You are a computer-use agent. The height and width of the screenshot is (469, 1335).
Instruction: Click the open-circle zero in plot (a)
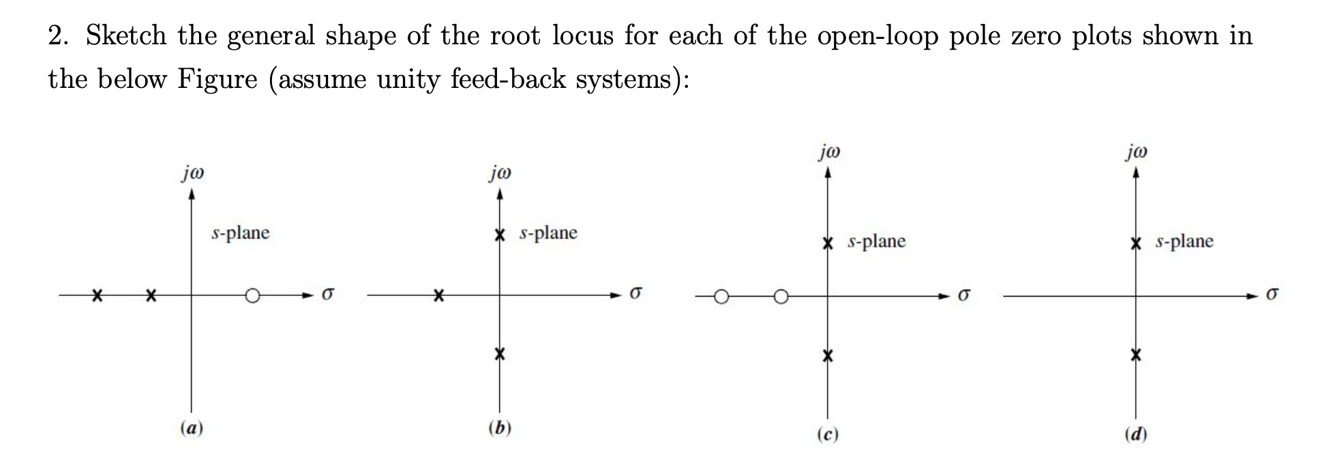click(x=252, y=296)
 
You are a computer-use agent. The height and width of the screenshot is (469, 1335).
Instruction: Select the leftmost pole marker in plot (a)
click(x=98, y=296)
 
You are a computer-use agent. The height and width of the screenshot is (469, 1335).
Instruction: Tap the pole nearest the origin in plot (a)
click(x=151, y=296)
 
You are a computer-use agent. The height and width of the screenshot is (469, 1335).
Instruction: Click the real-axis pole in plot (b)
click(x=440, y=296)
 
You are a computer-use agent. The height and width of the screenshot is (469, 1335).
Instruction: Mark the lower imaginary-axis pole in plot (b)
click(x=500, y=354)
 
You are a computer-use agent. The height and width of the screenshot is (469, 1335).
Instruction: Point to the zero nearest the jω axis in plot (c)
click(x=781, y=297)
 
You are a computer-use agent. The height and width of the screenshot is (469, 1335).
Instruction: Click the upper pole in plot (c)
click(x=828, y=243)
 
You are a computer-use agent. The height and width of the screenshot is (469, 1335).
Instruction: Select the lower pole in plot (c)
click(x=828, y=355)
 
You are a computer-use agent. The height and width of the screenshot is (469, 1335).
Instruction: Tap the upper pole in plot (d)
click(x=1135, y=243)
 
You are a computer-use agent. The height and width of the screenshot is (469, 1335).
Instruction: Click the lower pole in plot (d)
click(x=1135, y=355)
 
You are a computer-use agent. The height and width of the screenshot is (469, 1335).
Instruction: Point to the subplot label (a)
click(x=192, y=428)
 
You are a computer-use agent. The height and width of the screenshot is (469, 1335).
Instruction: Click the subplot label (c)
click(x=827, y=434)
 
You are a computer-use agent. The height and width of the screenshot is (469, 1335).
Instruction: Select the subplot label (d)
click(x=1135, y=434)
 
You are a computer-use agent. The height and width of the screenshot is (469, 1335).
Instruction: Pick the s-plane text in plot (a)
click(x=241, y=233)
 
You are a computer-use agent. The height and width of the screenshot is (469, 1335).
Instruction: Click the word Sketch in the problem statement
click(x=126, y=35)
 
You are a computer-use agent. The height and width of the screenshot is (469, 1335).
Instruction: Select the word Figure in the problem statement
click(x=217, y=80)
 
